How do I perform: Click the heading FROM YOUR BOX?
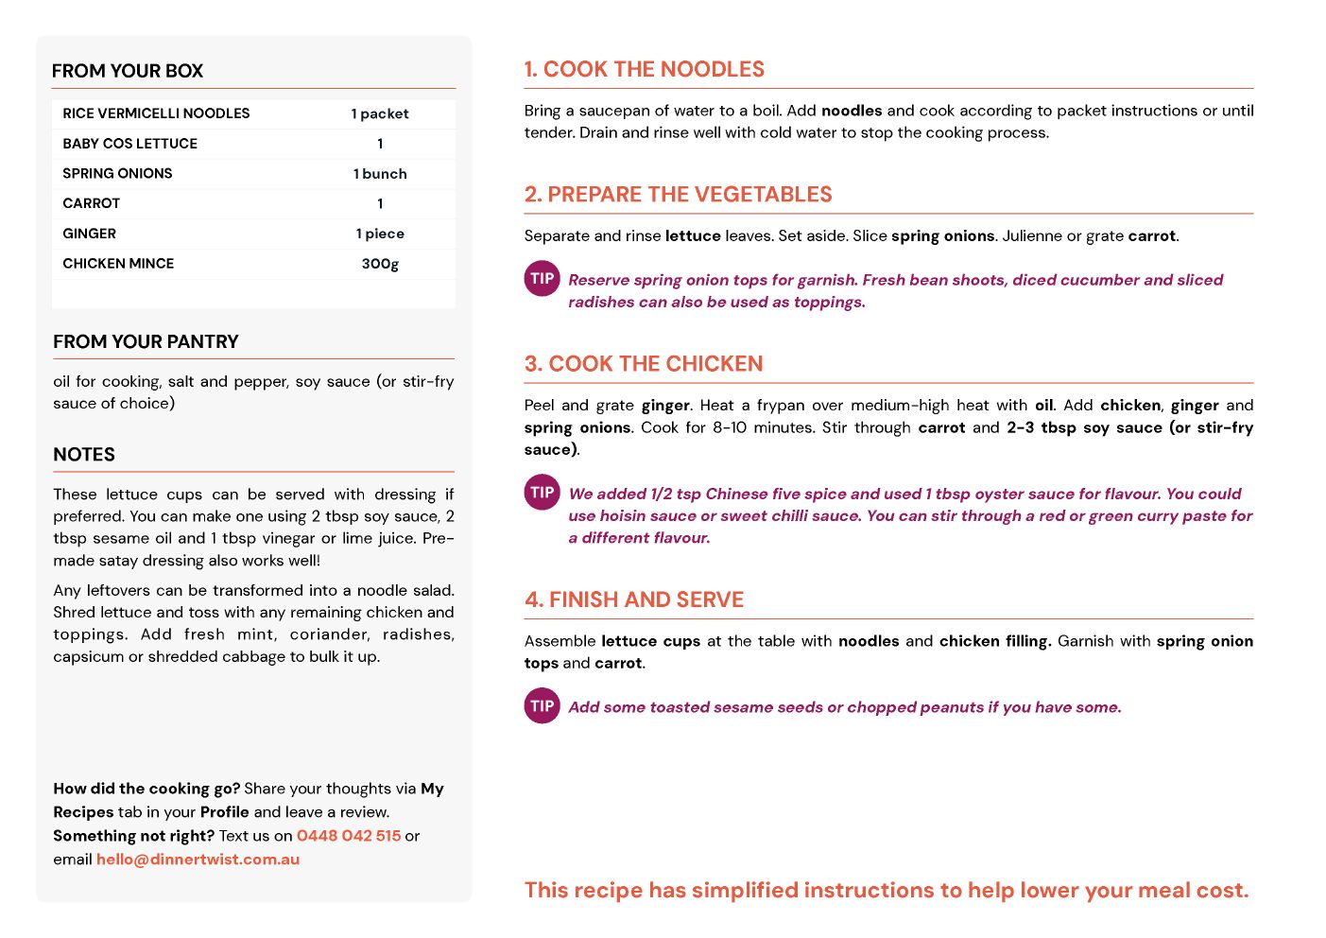coord(128,71)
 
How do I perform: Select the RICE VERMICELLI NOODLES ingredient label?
coord(156,113)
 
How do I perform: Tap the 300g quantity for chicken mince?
coord(380,264)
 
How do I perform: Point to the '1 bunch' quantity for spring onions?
coord(380,174)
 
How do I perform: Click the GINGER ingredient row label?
coord(90,234)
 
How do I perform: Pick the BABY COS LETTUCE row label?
coord(130,144)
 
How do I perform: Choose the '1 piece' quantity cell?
coord(380,234)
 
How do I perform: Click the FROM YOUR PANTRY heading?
coord(146,341)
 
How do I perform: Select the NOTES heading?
coord(84,455)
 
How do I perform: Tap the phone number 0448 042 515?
coord(349,836)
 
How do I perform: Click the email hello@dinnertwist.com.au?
coord(198,860)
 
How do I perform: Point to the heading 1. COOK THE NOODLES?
coord(645,69)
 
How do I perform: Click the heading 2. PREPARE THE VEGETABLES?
coord(678,195)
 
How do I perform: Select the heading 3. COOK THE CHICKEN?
coord(644,364)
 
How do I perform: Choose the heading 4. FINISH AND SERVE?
coord(634,600)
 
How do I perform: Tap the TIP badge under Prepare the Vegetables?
coord(542,279)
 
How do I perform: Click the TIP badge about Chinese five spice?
coord(542,493)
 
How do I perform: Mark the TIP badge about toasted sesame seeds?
coord(542,706)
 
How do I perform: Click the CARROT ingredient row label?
coord(92,203)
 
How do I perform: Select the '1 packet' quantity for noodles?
coord(380,113)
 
